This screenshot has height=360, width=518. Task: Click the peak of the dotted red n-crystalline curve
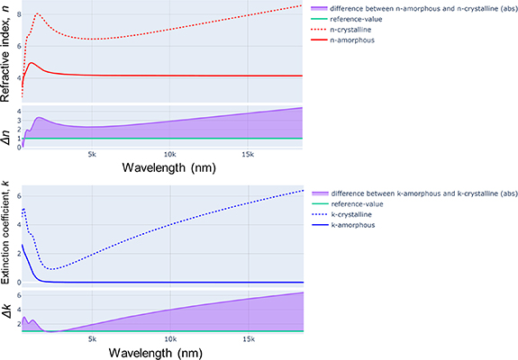click(37, 14)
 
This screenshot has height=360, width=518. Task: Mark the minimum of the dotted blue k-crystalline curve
click(54, 269)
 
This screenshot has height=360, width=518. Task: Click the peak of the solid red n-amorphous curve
click(32, 63)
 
